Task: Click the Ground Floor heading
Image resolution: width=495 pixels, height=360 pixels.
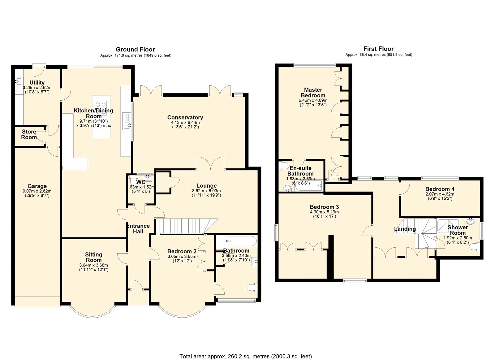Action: [x=135, y=49]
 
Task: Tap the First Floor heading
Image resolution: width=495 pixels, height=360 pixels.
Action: [x=379, y=49]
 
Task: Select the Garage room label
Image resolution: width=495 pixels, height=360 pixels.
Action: [x=37, y=186]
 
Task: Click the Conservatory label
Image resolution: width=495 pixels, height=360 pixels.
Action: [x=185, y=117]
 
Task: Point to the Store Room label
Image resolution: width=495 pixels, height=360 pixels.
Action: [x=29, y=134]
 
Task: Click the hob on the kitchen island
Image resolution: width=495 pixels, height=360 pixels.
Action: [x=101, y=108]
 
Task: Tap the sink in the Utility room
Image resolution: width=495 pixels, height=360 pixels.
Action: [x=19, y=82]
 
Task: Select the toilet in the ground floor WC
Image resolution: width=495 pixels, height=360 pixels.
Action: [x=133, y=180]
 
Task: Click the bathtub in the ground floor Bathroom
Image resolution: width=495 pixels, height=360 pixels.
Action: [x=241, y=241]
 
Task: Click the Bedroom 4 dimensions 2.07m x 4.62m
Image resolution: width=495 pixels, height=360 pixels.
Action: [x=440, y=194]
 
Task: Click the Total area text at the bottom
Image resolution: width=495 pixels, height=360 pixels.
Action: [x=246, y=350]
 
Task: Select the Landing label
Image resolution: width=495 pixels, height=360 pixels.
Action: [x=405, y=229]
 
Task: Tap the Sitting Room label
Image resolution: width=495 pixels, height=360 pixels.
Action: [x=94, y=257]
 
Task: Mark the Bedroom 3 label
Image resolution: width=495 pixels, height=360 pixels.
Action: [x=324, y=207]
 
